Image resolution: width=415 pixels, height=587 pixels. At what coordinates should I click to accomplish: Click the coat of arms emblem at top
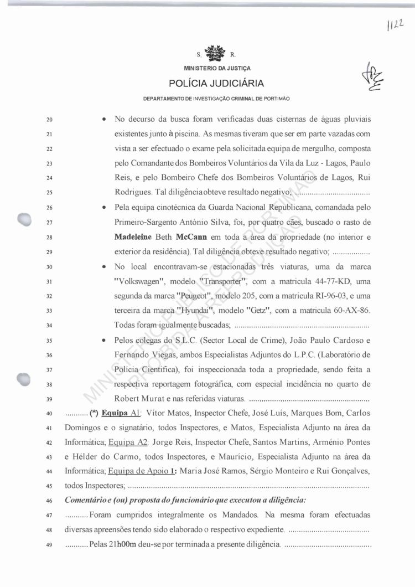tap(216, 54)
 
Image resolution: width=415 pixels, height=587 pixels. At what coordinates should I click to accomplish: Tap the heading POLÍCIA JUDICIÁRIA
tap(216, 84)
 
